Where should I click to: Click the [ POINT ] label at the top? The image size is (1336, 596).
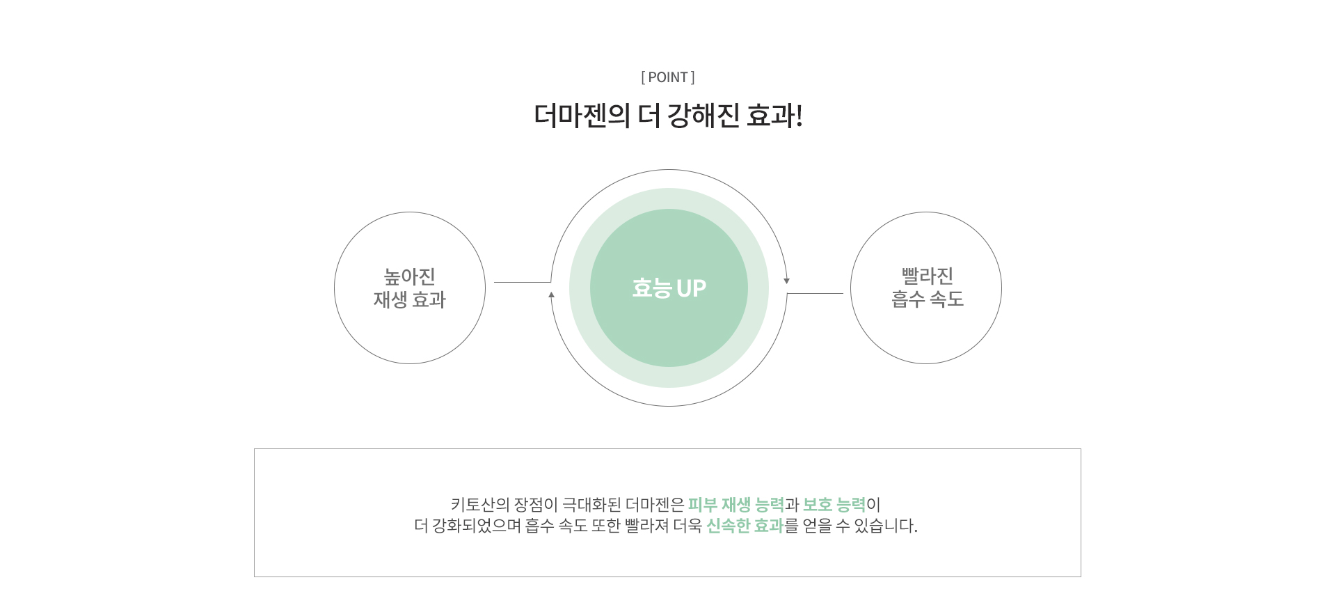[x=668, y=77]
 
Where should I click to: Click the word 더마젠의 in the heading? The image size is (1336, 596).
[x=582, y=116]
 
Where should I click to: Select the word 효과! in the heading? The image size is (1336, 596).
[x=774, y=116]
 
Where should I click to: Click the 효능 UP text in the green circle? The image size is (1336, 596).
[x=669, y=288]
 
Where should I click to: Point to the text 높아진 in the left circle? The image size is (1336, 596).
[x=410, y=276]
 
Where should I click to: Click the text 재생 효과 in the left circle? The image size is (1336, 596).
[x=410, y=299]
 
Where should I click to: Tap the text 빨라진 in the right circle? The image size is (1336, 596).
[x=928, y=276]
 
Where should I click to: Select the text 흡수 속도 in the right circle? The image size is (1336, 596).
[x=928, y=299]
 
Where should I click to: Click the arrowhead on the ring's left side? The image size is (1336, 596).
[x=551, y=295]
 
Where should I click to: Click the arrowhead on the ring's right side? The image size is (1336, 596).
[x=787, y=281]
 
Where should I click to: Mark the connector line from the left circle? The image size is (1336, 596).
[x=522, y=282]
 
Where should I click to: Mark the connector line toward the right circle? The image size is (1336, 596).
[x=815, y=293]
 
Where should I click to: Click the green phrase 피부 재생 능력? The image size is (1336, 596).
[x=736, y=505]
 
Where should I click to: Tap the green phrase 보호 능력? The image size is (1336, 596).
[x=834, y=505]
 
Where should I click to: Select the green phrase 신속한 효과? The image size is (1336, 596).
[x=745, y=526]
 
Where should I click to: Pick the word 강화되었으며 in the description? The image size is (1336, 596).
[x=477, y=526]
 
